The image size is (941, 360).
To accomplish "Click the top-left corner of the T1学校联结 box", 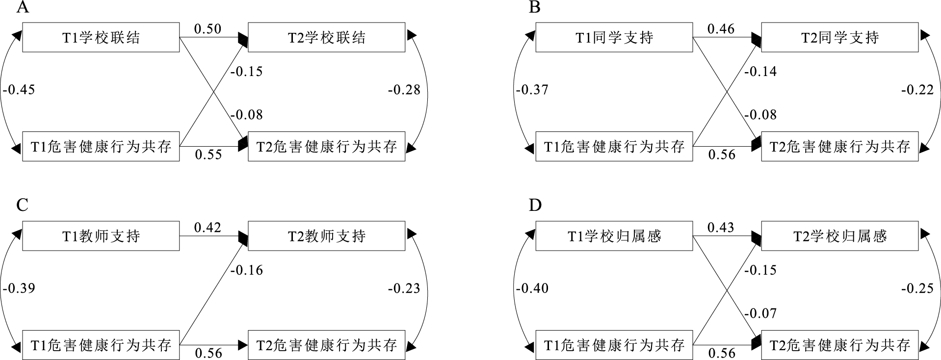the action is coord(23,23).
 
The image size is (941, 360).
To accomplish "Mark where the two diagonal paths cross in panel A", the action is coord(214,92).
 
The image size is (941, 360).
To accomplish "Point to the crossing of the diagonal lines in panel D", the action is coord(727,290).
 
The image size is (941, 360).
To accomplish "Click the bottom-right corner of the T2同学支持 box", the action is coord(918,52).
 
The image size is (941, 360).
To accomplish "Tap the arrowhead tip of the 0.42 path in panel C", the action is coord(248,236).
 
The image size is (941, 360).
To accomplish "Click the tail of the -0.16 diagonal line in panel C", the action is coord(180,345).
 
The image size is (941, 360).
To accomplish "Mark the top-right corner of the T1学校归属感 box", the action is coord(692,222).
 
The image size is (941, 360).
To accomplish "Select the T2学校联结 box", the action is coord(327,37).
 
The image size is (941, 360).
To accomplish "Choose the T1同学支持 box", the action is coord(614,37).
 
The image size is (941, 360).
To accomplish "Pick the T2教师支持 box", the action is coord(327,236).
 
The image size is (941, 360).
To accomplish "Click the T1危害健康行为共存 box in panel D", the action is coord(614,345).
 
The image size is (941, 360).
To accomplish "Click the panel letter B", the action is coord(535,7).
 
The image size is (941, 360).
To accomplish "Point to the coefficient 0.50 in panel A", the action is coord(208,29).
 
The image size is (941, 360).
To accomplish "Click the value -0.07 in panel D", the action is coord(760,313).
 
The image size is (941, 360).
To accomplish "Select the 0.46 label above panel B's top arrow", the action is coord(721,29).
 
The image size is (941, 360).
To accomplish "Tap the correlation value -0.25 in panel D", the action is coord(917,288).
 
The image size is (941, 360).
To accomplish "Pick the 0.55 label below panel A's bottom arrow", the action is coord(209,154).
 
